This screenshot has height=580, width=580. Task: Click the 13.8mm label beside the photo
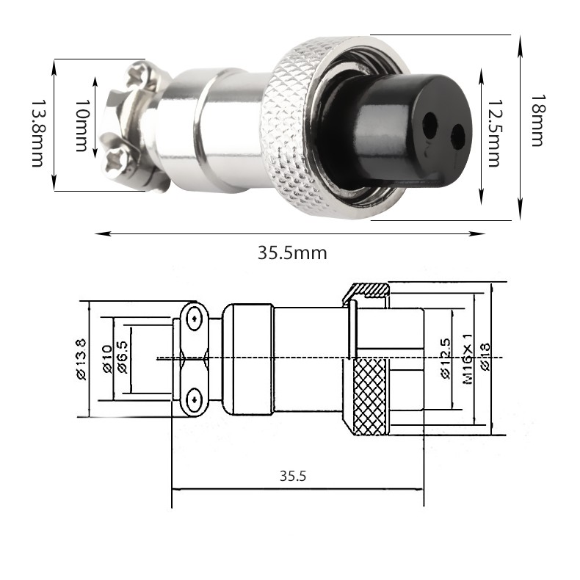point(37,133)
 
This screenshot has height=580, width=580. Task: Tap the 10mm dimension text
point(82,125)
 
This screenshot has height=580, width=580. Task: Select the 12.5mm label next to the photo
point(494,133)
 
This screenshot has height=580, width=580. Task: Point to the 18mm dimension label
point(539,120)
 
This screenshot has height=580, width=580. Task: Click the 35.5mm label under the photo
point(292,253)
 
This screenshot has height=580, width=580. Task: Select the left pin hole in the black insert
point(429,125)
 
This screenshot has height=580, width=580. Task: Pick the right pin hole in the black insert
point(458,137)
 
